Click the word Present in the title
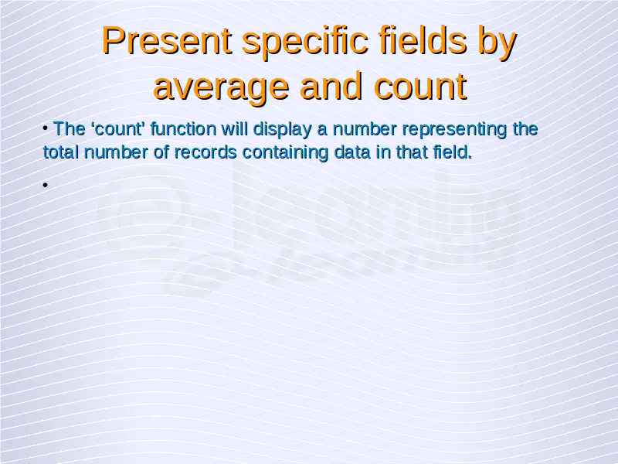click(167, 40)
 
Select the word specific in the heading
click(305, 40)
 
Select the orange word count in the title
click(420, 87)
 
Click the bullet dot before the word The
click(46, 128)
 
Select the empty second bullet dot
click(46, 185)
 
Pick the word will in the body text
click(235, 128)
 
